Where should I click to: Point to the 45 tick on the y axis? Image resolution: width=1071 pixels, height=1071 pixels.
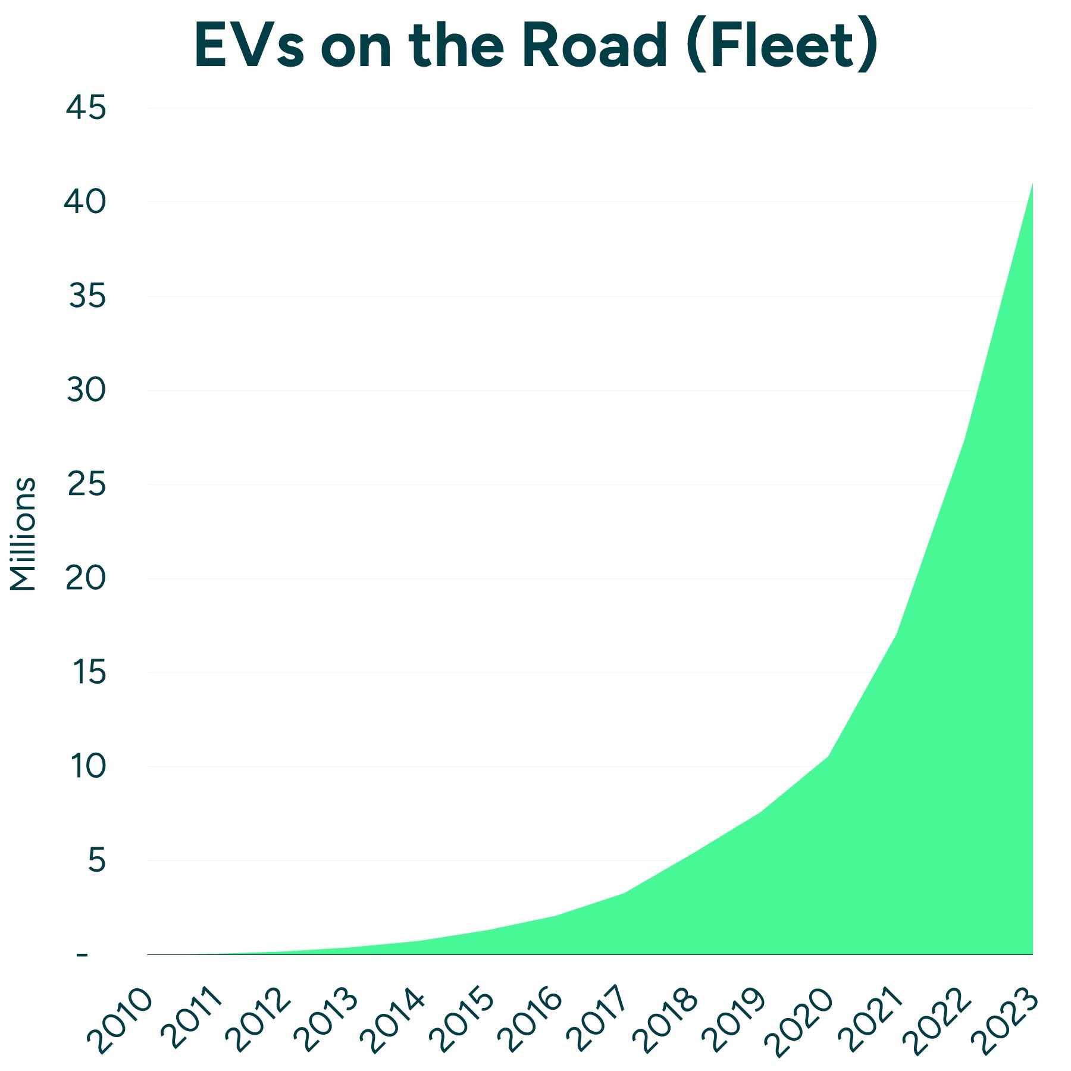coord(86,108)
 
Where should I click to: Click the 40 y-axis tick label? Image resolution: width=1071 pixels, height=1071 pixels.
coord(86,202)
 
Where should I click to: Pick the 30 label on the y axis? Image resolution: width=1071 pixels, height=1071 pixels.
coord(86,390)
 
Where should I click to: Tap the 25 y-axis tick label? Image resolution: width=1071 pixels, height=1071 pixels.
coord(86,484)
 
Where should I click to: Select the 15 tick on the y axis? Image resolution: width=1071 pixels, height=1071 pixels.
coord(88,672)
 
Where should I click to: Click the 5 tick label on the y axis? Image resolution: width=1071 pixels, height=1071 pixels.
coord(96,860)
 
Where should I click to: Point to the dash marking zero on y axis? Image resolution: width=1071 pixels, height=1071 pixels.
coord(82,955)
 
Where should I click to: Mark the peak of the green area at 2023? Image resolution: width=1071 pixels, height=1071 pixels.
coord(1032,183)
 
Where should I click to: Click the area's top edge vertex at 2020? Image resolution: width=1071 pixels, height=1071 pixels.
coord(828,756)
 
